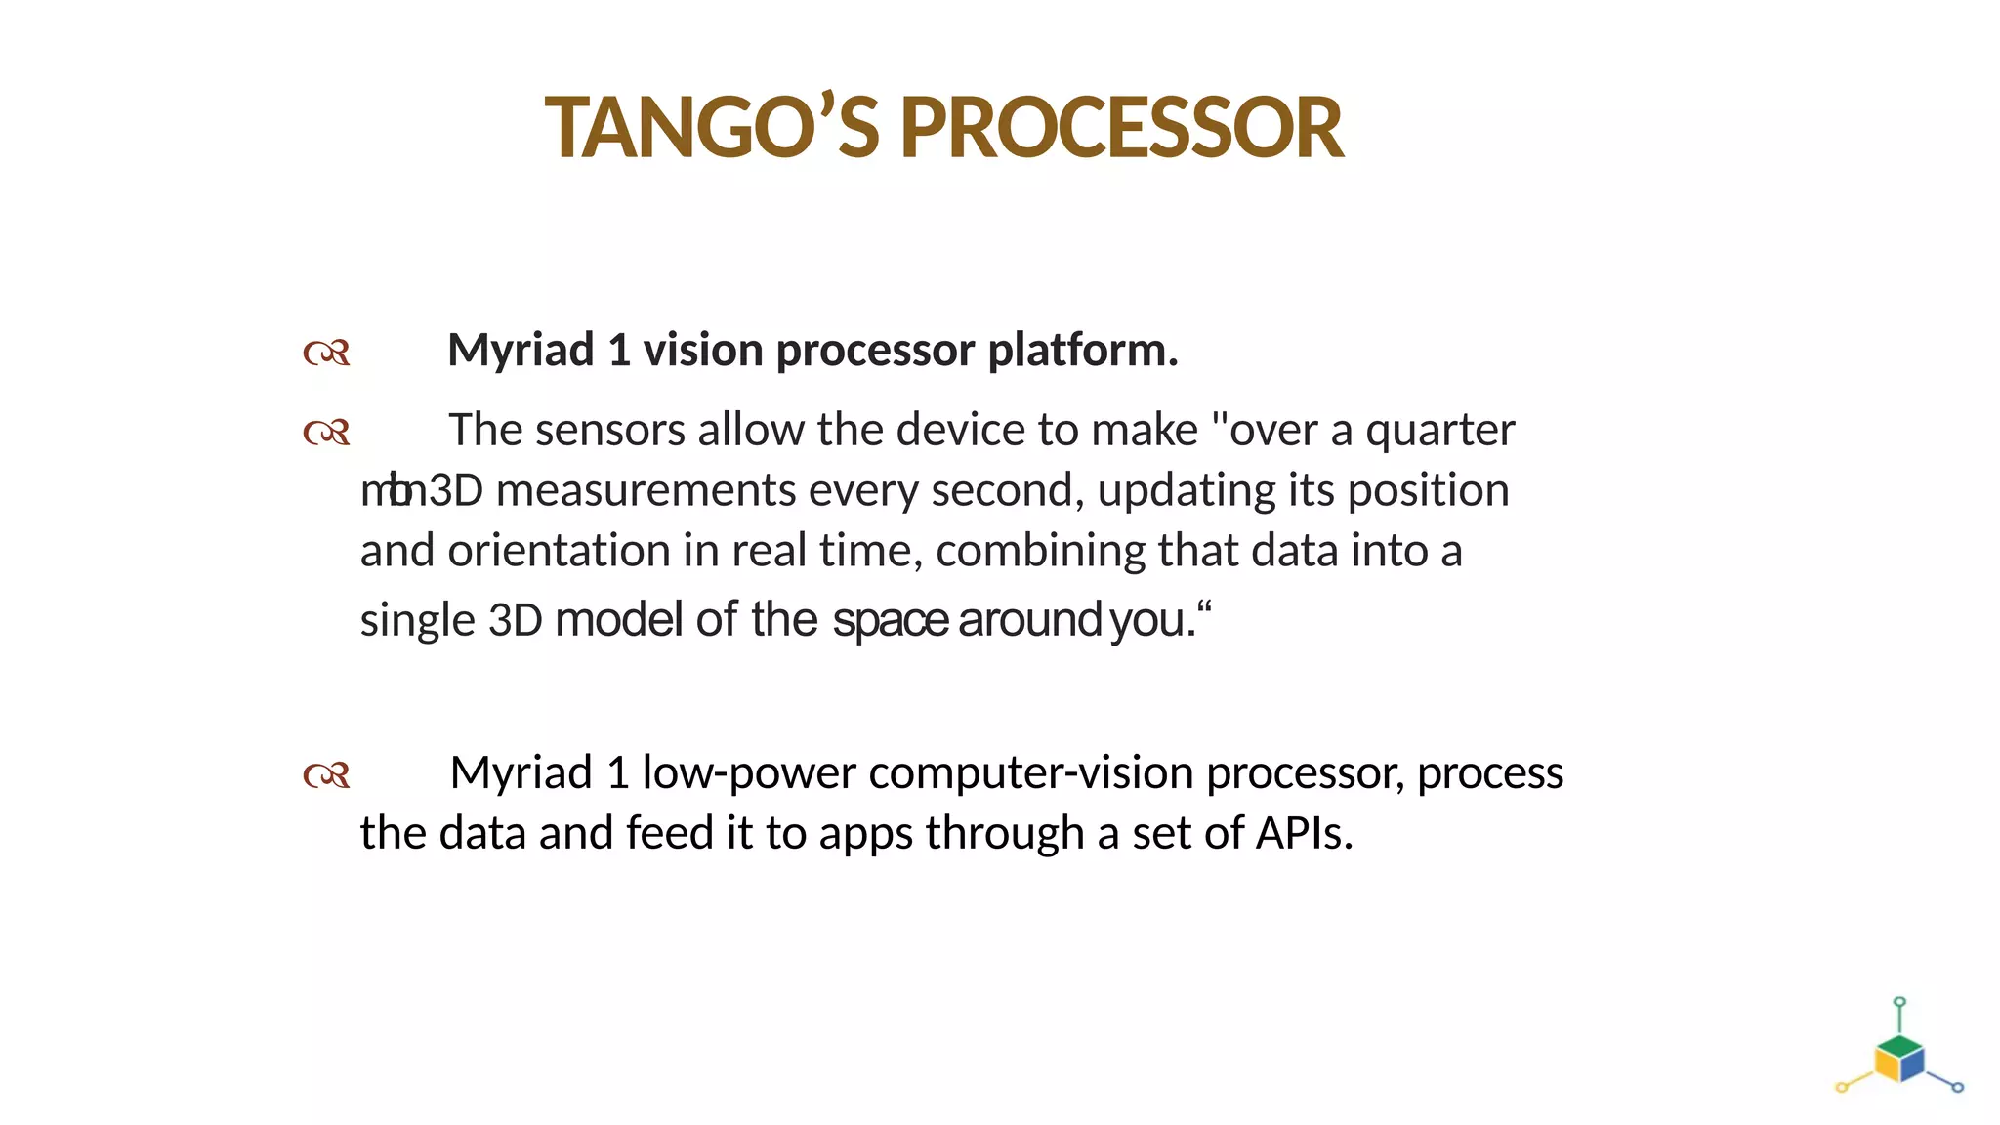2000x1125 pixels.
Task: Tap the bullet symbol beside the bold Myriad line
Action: pos(326,353)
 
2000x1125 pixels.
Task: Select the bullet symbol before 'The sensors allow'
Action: pos(326,433)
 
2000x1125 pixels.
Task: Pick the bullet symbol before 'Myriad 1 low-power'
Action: pos(326,776)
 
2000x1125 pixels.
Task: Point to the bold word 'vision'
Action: pos(702,351)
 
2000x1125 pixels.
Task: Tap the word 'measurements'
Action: pos(646,491)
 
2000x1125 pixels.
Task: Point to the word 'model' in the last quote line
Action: pos(618,620)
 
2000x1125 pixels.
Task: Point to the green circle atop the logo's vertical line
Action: pos(1899,1002)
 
